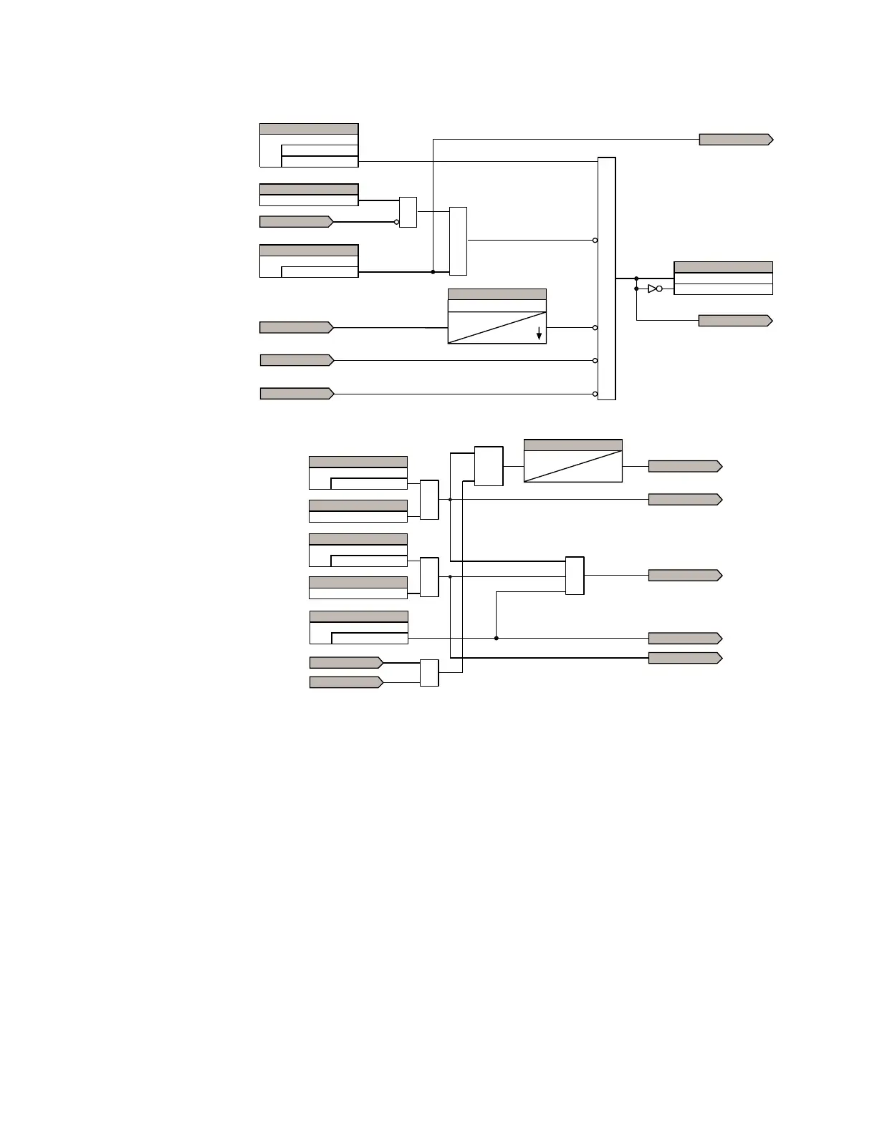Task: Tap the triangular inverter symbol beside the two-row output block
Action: [651, 289]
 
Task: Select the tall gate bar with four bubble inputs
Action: [606, 278]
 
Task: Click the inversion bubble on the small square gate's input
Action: [397, 222]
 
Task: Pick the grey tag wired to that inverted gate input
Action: [295, 222]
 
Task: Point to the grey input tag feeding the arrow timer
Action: [295, 327]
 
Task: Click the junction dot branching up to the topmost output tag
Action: [433, 272]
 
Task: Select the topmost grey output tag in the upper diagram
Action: [735, 140]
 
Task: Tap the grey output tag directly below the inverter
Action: [734, 321]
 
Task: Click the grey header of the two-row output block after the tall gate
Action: [723, 267]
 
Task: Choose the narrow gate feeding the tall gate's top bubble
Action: [458, 241]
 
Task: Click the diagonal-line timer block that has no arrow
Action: [572, 461]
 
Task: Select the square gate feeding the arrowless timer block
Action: [489, 466]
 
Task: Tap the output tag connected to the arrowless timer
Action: [684, 466]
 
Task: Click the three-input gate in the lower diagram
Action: [575, 576]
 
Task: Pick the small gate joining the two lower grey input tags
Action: [428, 673]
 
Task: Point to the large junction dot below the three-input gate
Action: [496, 638]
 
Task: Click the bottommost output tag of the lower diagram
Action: [684, 658]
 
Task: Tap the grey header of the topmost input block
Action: [309, 129]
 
